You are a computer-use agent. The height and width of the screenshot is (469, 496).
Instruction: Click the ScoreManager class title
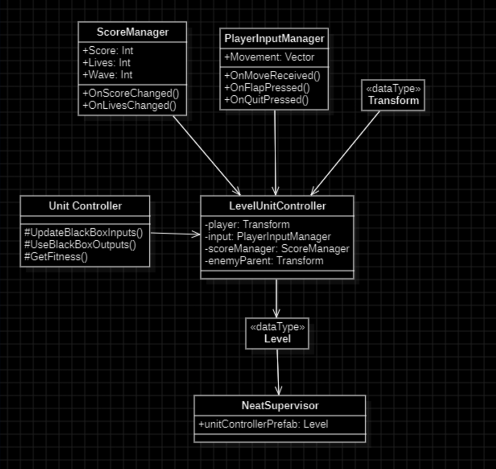pyautogui.click(x=132, y=32)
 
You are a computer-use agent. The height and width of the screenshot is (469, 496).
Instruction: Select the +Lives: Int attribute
pyautogui.click(x=106, y=63)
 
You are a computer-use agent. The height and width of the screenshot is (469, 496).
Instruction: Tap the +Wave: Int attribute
pyautogui.click(x=107, y=75)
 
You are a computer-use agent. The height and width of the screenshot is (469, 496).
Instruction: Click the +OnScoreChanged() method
pyautogui.click(x=131, y=93)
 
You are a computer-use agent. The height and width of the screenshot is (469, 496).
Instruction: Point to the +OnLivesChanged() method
pyautogui.click(x=129, y=106)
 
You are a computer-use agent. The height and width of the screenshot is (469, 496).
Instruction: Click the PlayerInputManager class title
pyautogui.click(x=274, y=39)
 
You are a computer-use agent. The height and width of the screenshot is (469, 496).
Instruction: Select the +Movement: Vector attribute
pyautogui.click(x=269, y=57)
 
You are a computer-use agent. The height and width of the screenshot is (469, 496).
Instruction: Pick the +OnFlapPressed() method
pyautogui.click(x=267, y=88)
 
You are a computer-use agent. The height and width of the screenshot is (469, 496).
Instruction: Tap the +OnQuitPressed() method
pyautogui.click(x=266, y=100)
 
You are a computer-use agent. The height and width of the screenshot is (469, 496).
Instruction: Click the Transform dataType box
pyautogui.click(x=393, y=95)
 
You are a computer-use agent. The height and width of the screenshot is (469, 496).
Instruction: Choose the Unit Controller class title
pyautogui.click(x=85, y=206)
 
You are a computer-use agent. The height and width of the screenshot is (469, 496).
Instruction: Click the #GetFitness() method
pyautogui.click(x=56, y=257)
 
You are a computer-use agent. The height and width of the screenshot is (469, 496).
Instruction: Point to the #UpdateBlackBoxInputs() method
pyautogui.click(x=84, y=233)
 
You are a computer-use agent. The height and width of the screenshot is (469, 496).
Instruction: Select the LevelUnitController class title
pyautogui.click(x=277, y=206)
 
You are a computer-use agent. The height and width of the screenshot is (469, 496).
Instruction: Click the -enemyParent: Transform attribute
pyautogui.click(x=264, y=261)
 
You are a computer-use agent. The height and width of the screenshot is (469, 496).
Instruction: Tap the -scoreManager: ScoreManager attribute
pyautogui.click(x=277, y=249)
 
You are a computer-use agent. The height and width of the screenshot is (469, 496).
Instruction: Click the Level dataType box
pyautogui.click(x=277, y=334)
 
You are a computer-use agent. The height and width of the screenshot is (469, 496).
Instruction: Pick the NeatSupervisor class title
pyautogui.click(x=280, y=406)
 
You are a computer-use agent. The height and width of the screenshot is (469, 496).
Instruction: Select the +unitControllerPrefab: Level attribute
pyautogui.click(x=263, y=425)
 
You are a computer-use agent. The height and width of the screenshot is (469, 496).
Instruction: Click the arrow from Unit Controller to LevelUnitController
pyautogui.click(x=175, y=234)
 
